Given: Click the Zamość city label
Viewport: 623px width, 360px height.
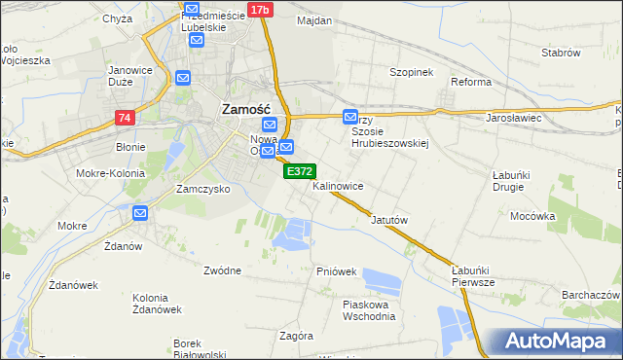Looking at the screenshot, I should [x=252, y=109].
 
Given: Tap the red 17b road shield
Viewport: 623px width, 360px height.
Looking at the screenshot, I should [x=259, y=10].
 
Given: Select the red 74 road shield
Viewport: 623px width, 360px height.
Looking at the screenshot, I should [x=124, y=118].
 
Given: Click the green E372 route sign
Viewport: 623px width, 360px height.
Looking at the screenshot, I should [x=299, y=170].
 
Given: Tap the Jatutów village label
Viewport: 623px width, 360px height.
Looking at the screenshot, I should [x=388, y=220].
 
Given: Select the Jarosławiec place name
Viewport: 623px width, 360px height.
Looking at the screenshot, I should [x=513, y=118].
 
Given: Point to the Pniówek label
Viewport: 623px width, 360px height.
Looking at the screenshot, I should [x=336, y=270].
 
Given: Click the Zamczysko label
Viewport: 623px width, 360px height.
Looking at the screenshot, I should [x=202, y=189].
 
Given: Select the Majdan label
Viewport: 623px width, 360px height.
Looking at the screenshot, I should [x=314, y=20].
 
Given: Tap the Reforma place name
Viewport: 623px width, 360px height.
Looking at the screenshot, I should [x=470, y=82].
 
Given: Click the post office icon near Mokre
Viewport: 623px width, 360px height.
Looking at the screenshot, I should [x=141, y=213].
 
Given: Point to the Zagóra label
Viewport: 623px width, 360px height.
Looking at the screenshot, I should [x=296, y=336].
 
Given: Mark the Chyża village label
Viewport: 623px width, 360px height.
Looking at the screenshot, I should [x=116, y=18].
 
